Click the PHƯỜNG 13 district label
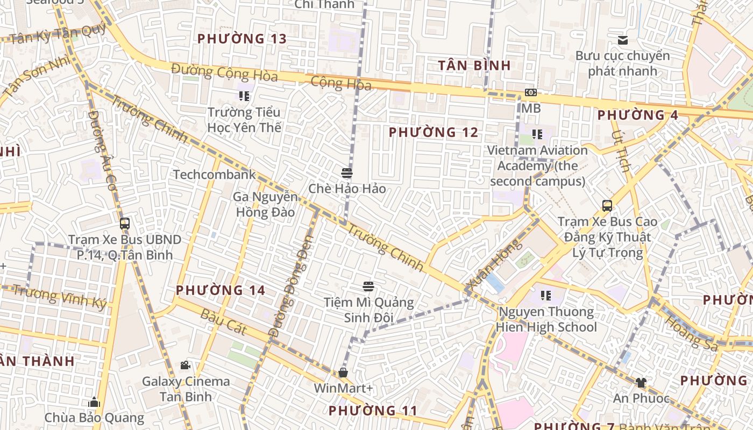click(x=241, y=39)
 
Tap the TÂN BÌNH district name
click(x=474, y=66)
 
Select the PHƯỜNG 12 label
click(x=434, y=132)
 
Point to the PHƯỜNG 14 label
click(x=221, y=290)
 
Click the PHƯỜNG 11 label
click(x=373, y=411)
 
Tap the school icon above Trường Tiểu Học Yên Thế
click(x=244, y=96)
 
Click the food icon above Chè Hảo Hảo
click(x=347, y=173)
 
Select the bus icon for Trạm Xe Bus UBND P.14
click(x=125, y=224)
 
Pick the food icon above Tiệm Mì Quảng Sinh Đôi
click(x=368, y=286)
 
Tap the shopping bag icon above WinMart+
click(x=343, y=372)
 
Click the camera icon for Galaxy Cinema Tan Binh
click(x=186, y=365)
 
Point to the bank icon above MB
click(x=531, y=92)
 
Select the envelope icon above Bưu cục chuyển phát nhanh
click(x=623, y=40)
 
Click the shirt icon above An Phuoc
click(x=641, y=383)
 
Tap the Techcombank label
click(x=214, y=175)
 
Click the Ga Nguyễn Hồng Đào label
click(x=265, y=205)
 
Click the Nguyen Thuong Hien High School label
click(x=546, y=319)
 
